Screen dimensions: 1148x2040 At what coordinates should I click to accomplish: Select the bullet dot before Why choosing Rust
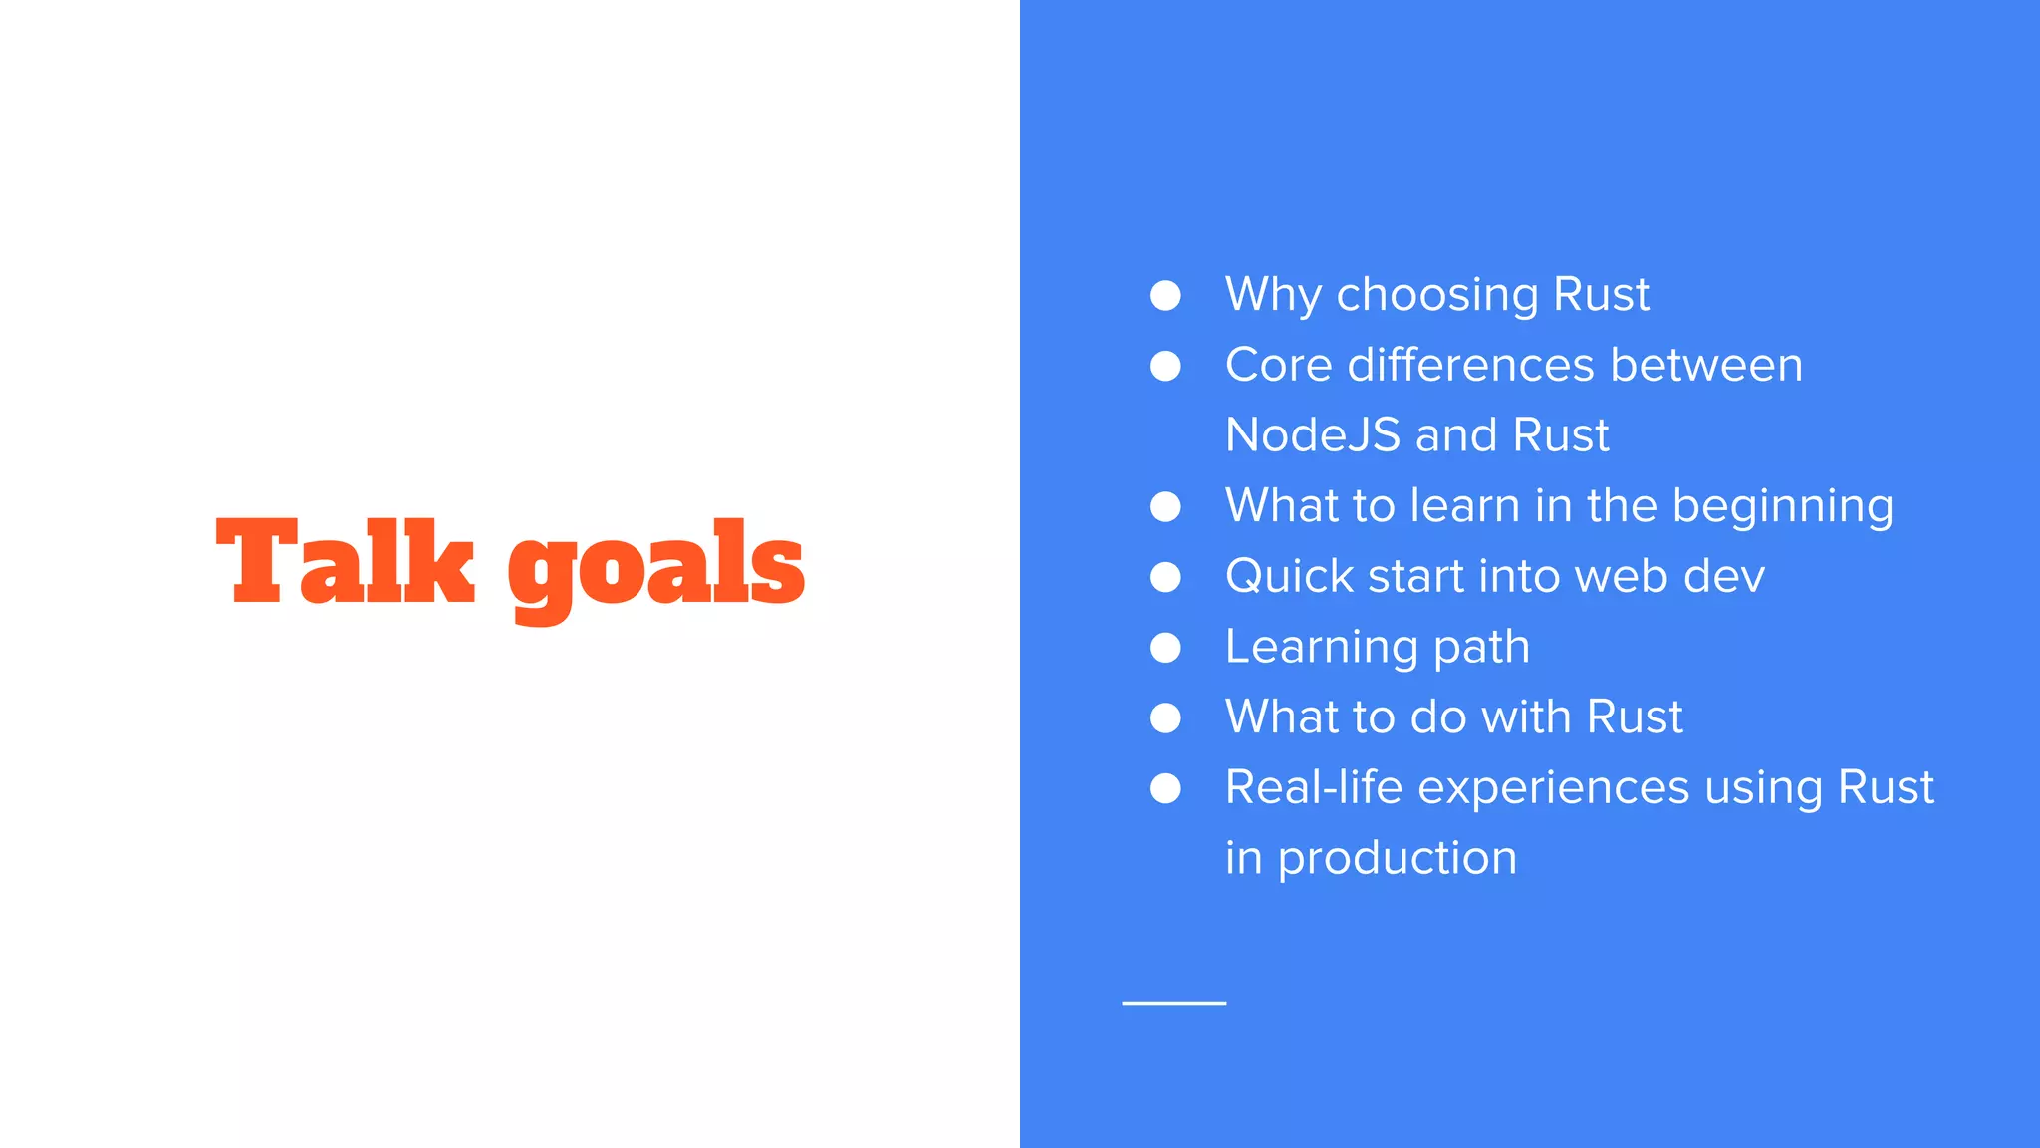[x=1165, y=296]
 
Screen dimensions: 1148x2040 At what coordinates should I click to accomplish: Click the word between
[x=1706, y=365]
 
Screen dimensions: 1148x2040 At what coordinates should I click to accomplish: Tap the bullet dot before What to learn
[x=1165, y=507]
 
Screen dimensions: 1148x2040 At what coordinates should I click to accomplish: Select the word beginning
[x=1782, y=507]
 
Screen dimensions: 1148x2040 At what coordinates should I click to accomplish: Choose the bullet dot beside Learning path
[x=1165, y=648]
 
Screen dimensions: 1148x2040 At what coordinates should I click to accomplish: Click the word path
[x=1481, y=648]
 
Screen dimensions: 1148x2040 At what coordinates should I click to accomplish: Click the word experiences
[x=1553, y=788]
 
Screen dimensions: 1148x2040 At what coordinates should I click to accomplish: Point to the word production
[x=1397, y=859]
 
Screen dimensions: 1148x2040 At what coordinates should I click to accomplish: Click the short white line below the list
[x=1173, y=1004]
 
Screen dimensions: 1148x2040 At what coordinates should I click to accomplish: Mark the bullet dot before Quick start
[x=1165, y=577]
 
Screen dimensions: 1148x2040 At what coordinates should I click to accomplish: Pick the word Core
[x=1278, y=365]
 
